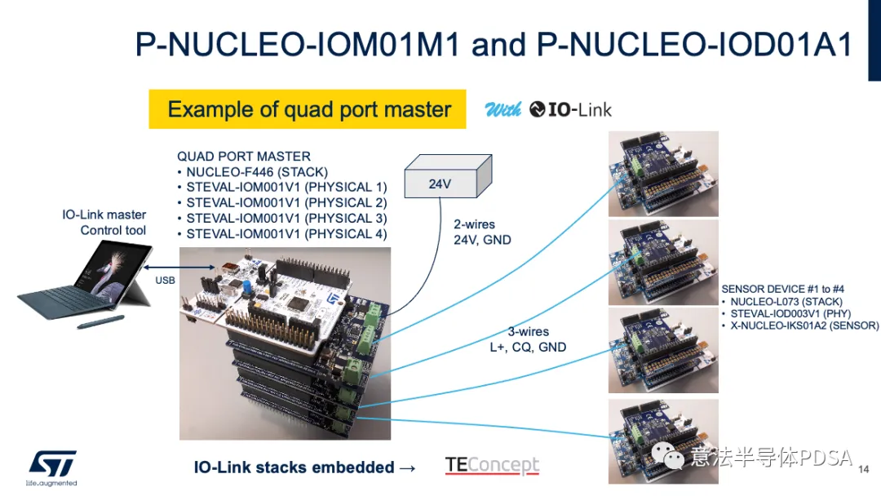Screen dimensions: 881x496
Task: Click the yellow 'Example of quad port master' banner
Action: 308,109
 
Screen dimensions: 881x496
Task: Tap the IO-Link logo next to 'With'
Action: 570,109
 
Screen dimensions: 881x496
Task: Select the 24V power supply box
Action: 449,176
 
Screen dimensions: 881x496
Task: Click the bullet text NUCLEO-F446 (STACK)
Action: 257,172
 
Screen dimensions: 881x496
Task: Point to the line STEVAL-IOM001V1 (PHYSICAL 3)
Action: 286,219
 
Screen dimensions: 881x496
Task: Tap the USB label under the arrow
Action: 165,281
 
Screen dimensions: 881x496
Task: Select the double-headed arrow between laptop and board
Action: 179,268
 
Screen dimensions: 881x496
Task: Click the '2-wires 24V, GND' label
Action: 482,232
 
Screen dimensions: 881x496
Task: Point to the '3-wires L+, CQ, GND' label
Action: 528,339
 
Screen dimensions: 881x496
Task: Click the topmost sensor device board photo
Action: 663,174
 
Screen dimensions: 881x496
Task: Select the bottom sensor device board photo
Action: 663,441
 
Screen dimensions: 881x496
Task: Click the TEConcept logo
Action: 492,465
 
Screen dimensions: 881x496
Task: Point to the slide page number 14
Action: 864,469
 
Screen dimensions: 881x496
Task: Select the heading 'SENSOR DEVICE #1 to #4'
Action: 782,290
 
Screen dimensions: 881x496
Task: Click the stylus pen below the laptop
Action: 100,322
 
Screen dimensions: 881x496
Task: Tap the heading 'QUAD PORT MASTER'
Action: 244,156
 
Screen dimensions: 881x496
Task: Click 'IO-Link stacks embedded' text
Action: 294,467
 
